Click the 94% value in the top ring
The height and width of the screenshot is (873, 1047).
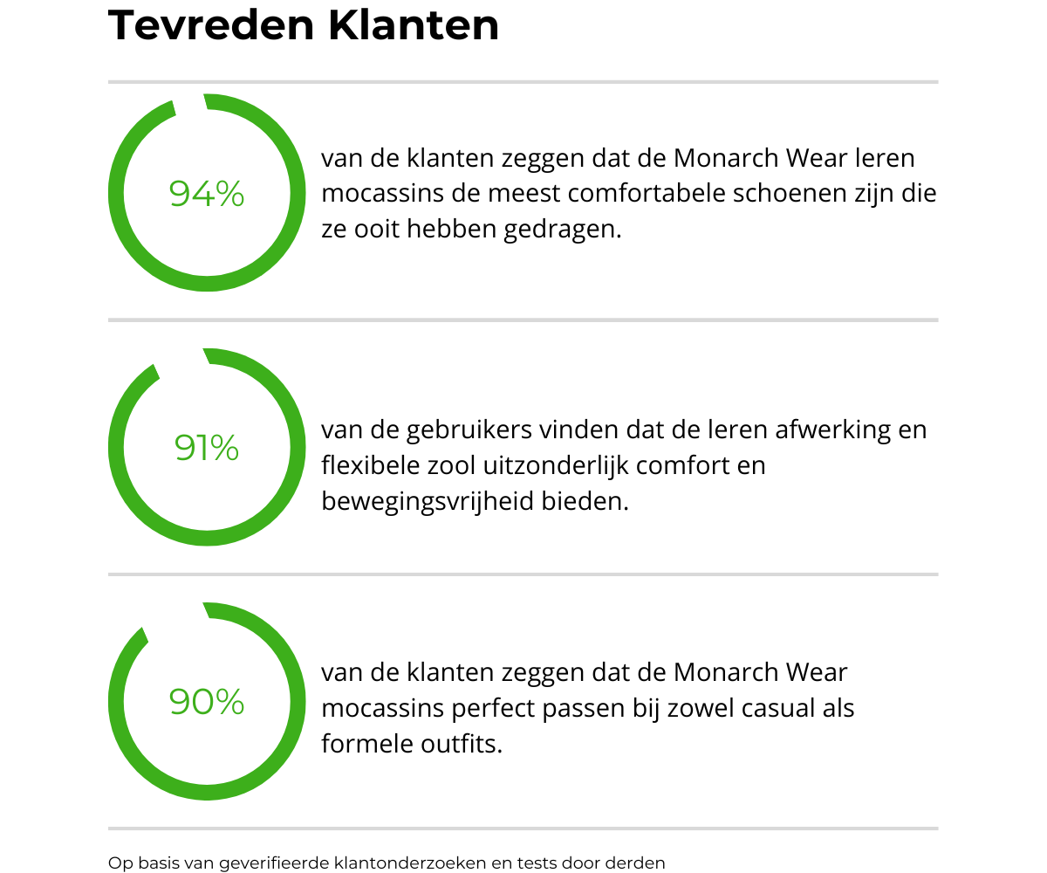coord(207,194)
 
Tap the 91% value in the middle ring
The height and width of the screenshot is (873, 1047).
coord(207,448)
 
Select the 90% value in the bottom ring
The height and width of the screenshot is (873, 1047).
coord(207,702)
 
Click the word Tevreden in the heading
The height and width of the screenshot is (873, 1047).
coord(210,25)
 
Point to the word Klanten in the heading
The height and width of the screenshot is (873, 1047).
coord(414,25)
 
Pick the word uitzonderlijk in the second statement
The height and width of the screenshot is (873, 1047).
coord(543,465)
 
